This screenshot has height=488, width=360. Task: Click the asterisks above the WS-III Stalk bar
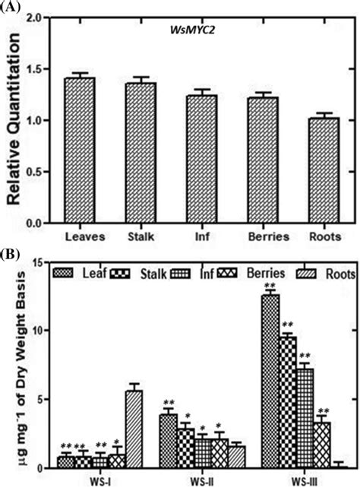[x=286, y=326]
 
